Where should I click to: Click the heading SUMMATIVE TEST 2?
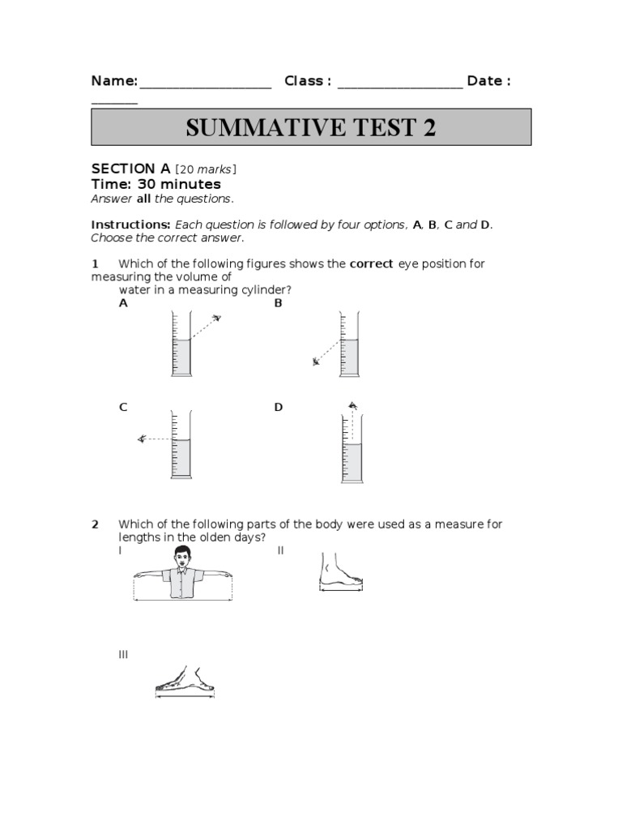[x=311, y=128]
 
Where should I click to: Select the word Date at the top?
[x=484, y=81]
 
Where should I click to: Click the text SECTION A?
[x=130, y=169]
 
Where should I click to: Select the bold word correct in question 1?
[x=371, y=263]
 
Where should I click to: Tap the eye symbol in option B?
[x=317, y=362]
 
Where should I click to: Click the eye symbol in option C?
[x=142, y=439]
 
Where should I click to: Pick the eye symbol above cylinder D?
[x=351, y=405]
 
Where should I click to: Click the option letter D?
[x=278, y=408]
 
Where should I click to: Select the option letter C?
[x=123, y=408]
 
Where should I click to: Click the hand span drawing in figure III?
[x=186, y=682]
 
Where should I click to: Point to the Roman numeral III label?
[x=123, y=654]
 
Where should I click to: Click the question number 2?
[x=95, y=524]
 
